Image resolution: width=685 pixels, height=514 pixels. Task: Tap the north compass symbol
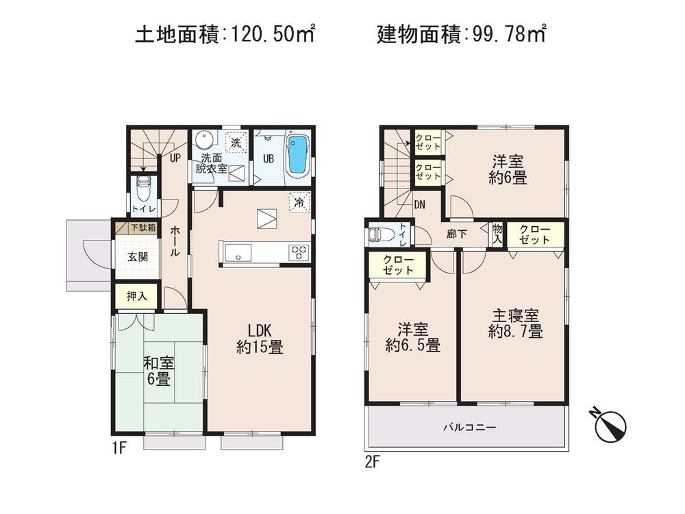609,424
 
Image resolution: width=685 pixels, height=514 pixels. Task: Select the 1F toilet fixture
143,186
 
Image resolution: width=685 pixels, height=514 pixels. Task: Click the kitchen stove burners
298,252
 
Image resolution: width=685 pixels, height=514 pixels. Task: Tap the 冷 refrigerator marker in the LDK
299,203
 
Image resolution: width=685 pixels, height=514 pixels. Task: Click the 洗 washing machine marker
235,144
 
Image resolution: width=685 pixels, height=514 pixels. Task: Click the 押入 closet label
136,297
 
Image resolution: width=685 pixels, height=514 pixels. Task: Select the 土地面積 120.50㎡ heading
225,34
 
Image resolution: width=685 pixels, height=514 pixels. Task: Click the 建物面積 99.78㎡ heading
461,34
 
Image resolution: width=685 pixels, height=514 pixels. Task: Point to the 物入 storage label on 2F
497,235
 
